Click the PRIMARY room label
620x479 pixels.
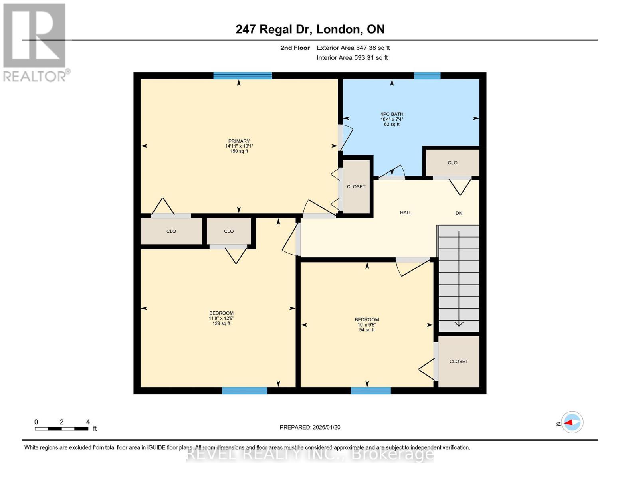tap(239, 141)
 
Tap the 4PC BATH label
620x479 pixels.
tap(392, 114)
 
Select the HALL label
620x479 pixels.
tap(406, 213)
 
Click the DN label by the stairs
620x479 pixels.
tap(459, 213)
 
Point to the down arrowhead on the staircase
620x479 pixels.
tap(459, 324)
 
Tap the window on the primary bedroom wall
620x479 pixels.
tap(242, 76)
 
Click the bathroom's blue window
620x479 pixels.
tap(427, 76)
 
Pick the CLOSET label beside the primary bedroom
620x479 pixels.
tap(356, 187)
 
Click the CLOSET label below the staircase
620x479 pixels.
tap(458, 362)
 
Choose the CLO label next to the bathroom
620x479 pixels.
tap(452, 163)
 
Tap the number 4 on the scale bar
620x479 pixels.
tap(88, 422)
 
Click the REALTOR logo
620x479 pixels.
tap(35, 42)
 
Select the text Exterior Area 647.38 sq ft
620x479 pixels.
tap(353, 48)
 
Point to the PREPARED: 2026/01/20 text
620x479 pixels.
tap(310, 427)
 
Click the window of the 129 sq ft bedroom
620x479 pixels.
tap(244, 391)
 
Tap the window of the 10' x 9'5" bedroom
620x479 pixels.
tap(370, 391)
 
